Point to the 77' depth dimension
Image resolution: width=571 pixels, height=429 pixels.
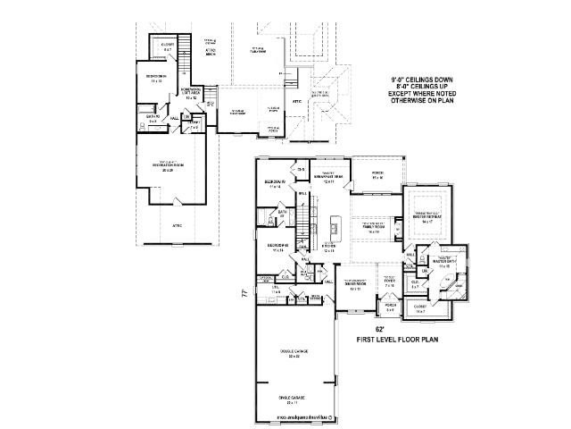point(244,293)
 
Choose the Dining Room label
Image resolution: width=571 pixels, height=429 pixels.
point(356,287)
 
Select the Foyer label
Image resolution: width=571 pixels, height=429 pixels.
point(389,284)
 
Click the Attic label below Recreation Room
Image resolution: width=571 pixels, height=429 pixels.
point(177,225)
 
